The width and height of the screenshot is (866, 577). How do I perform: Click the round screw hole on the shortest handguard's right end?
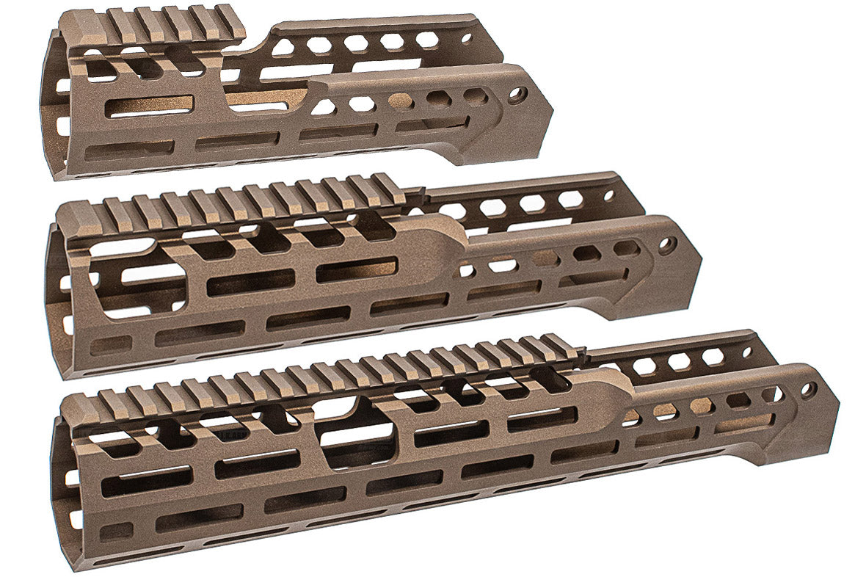pyautogui.click(x=517, y=95)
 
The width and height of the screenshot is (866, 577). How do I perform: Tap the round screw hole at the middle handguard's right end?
pyautogui.click(x=667, y=245)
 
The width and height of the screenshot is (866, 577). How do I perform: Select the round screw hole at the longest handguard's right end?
pyautogui.click(x=808, y=390)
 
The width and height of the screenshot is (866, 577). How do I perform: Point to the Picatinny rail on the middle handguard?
pyautogui.click(x=242, y=203)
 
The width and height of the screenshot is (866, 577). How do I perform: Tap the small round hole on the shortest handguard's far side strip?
pyautogui.click(x=467, y=36)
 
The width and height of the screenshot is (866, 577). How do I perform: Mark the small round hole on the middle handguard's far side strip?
pyautogui.click(x=608, y=195)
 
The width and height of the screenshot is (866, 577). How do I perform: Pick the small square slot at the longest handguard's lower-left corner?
pyautogui.click(x=110, y=531)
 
